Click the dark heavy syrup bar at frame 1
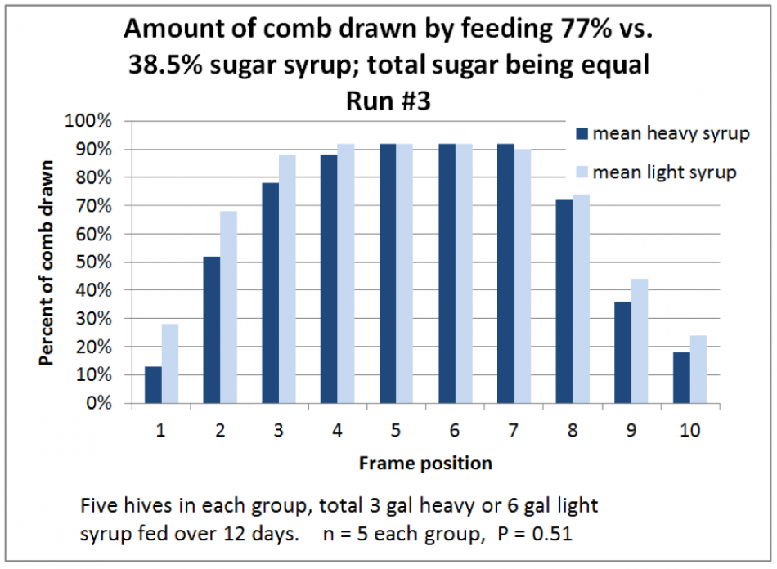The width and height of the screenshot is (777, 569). [153, 384]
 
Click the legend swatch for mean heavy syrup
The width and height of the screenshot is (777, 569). [582, 134]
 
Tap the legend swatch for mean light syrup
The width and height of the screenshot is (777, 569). [582, 172]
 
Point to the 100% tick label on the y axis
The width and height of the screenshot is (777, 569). [92, 122]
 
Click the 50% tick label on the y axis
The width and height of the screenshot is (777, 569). [95, 262]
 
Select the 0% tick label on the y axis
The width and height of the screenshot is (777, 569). [100, 403]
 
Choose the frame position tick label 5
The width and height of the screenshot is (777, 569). [396, 430]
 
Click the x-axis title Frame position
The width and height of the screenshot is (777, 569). [425, 464]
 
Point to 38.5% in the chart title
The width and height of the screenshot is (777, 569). [168, 65]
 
